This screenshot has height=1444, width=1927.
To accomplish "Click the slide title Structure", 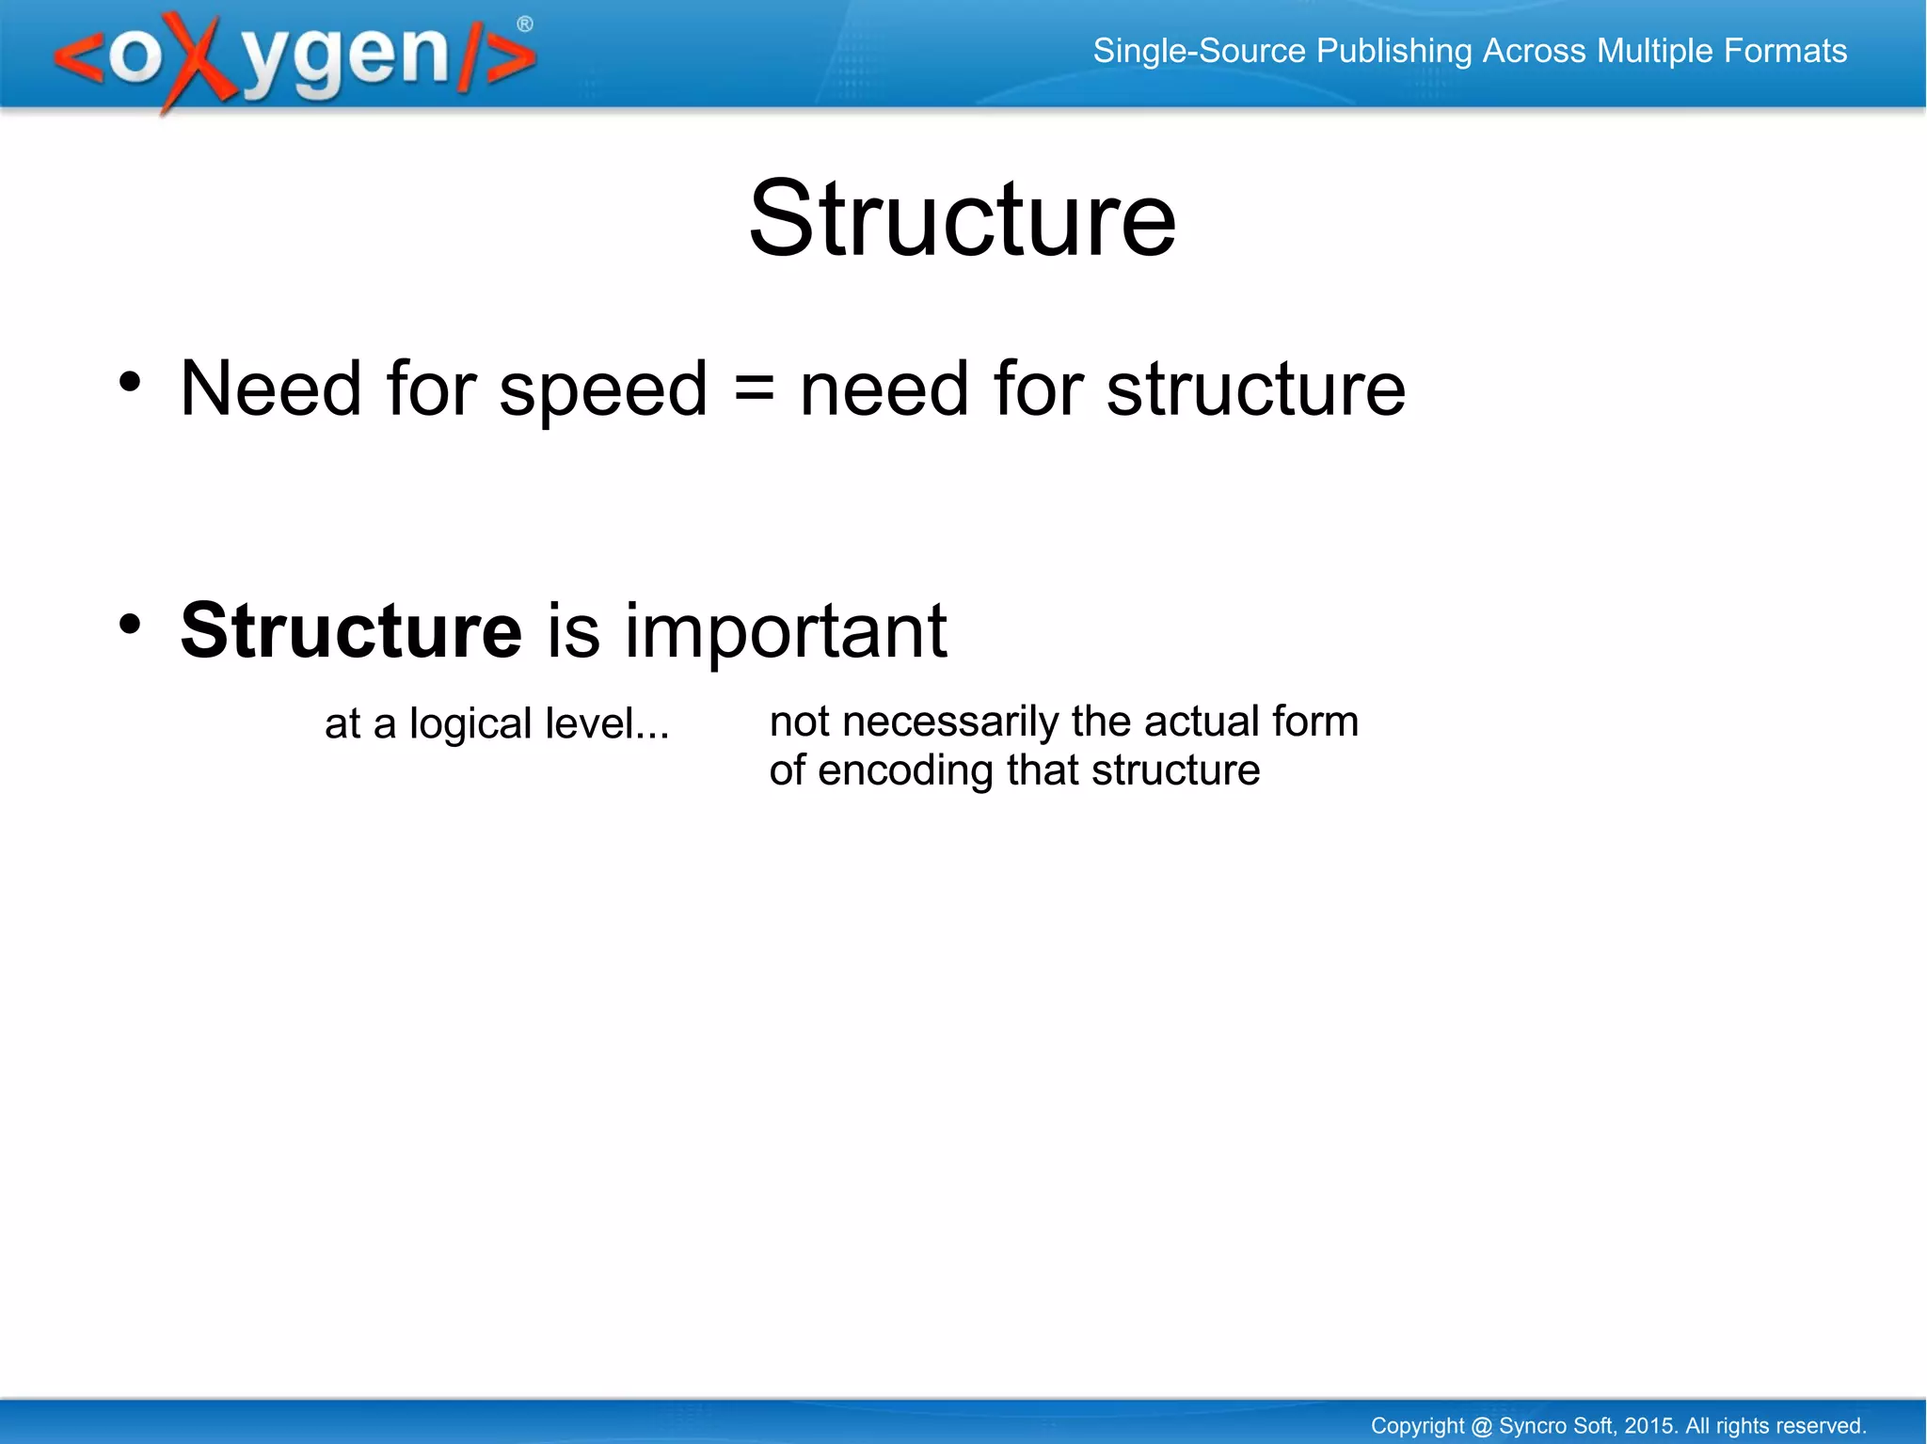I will click(x=962, y=219).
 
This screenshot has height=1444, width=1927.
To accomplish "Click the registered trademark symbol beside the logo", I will click(x=525, y=24).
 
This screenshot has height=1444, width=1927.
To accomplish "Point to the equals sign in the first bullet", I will click(x=754, y=389).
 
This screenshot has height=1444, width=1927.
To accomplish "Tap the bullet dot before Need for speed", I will click(x=130, y=382).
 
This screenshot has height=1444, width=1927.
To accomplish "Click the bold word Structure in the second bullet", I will click(x=351, y=631).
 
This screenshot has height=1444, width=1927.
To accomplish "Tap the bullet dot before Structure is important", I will click(x=130, y=624).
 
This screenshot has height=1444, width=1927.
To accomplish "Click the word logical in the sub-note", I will click(x=470, y=725).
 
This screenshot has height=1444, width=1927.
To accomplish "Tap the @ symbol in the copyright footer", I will click(x=1481, y=1426).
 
